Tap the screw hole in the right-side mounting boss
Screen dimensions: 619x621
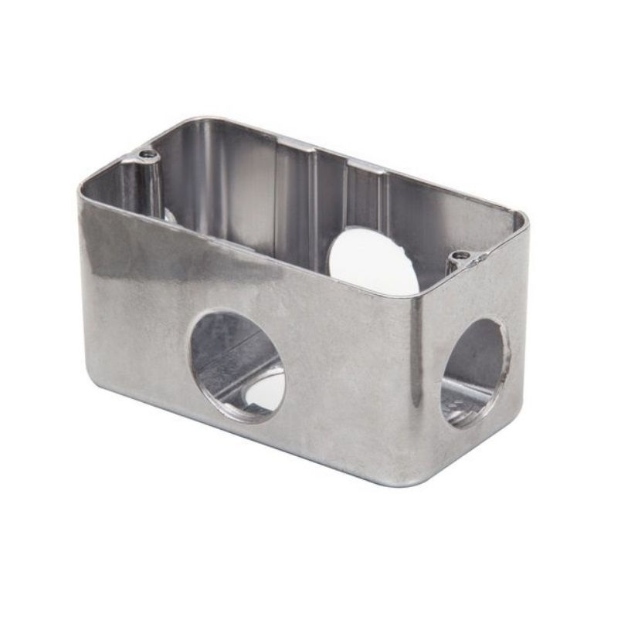click(461, 255)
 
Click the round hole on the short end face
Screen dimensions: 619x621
click(473, 373)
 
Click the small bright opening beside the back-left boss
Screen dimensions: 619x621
click(168, 214)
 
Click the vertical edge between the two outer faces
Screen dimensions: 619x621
click(413, 386)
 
